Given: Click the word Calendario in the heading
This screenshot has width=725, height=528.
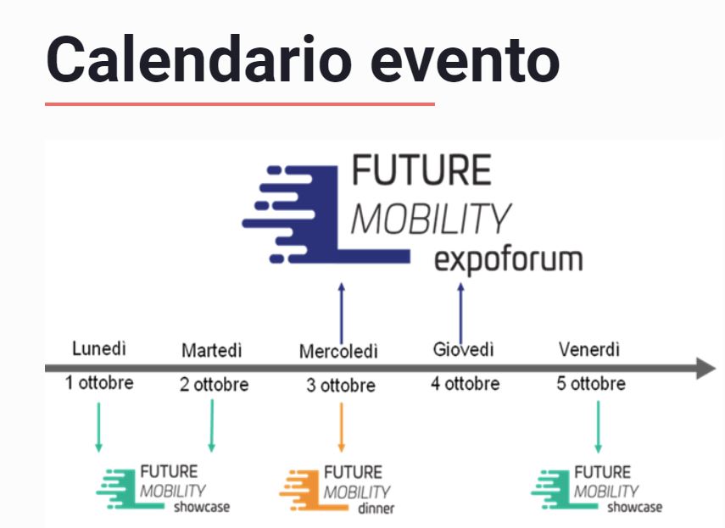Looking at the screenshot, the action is tap(199, 59).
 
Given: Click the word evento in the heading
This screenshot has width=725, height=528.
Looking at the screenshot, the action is tap(466, 61).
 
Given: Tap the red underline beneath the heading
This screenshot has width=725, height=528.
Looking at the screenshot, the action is tap(239, 104).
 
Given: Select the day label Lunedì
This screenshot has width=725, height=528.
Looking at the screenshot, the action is tap(99, 348).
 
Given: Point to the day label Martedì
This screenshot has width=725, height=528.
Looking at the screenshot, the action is tap(212, 350).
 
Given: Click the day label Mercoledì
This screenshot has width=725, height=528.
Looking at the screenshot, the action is tap(338, 351).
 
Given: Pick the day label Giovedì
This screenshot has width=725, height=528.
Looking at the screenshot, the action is tap(463, 349).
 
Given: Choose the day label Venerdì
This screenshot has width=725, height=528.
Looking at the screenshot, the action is tap(589, 349).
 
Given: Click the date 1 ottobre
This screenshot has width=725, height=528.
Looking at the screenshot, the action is tap(99, 382).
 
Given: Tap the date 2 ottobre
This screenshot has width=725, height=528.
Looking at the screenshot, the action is tap(214, 384).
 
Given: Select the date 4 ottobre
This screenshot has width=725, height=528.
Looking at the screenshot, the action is tap(466, 383).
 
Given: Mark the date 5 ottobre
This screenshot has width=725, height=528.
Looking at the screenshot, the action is tap(591, 383).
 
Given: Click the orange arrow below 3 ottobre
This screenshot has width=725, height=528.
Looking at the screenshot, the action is tap(341, 427).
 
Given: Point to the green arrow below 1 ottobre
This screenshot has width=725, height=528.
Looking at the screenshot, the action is tap(98, 427).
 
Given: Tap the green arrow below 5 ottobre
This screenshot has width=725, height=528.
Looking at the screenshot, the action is tap(598, 427).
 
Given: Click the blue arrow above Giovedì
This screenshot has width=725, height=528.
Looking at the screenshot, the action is tap(460, 314).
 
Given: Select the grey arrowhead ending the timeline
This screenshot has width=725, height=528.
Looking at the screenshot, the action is tap(706, 368).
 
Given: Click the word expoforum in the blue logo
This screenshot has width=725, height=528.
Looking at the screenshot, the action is tap(508, 260).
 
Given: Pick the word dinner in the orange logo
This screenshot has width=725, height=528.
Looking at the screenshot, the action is tap(376, 509).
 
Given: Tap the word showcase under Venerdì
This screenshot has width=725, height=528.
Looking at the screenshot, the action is tap(634, 507).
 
